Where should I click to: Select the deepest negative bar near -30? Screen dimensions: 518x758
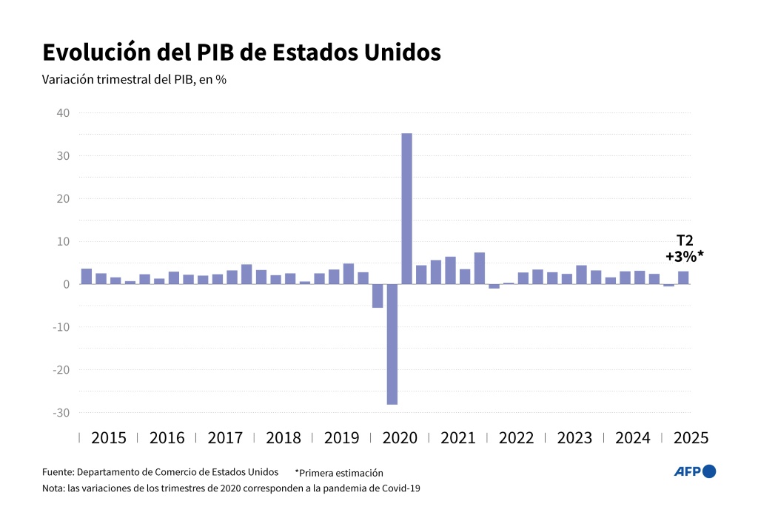pyautogui.click(x=392, y=344)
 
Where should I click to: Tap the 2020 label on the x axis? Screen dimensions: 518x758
pyautogui.click(x=400, y=437)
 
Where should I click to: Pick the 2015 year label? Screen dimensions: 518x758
pyautogui.click(x=108, y=437)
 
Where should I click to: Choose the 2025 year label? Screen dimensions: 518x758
pyautogui.click(x=691, y=437)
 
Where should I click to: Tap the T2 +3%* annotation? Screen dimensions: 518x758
pyautogui.click(x=684, y=248)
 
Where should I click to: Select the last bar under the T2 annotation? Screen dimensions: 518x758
pyautogui.click(x=683, y=277)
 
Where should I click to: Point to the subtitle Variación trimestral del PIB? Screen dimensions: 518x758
pyautogui.click(x=134, y=80)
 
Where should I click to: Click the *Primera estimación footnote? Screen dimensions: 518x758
pyautogui.click(x=339, y=472)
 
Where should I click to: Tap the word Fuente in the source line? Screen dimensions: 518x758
pyautogui.click(x=58, y=471)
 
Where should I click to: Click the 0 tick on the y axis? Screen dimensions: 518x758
pyautogui.click(x=66, y=284)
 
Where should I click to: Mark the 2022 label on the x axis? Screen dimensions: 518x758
pyautogui.click(x=516, y=437)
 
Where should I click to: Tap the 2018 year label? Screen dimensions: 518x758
pyautogui.click(x=283, y=437)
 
